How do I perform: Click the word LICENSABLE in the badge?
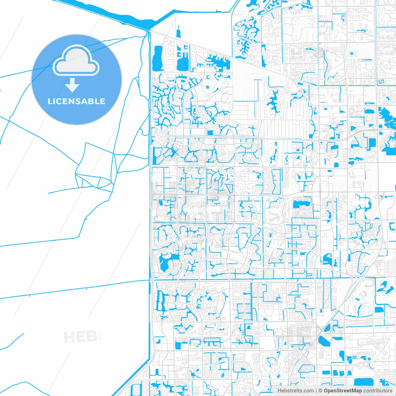click(76, 101)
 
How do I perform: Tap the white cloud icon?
click(76, 61)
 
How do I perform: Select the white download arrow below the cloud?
click(72, 85)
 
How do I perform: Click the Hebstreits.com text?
click(295, 391)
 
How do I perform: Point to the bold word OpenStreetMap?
click(342, 391)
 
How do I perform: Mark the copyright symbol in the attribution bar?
click(321, 391)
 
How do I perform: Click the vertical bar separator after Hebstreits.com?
click(316, 391)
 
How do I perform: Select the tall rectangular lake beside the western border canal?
click(158, 57)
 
